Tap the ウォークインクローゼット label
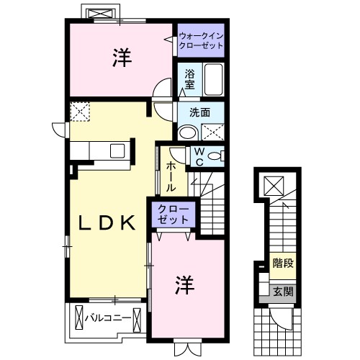201,40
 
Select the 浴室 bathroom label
189,79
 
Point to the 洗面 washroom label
199,112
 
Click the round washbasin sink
186,132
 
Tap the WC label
199,156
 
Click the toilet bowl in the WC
217,156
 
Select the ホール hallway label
172,176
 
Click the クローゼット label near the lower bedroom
173,214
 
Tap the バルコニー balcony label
107,318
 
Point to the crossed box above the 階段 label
274,186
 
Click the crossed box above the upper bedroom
99,14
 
